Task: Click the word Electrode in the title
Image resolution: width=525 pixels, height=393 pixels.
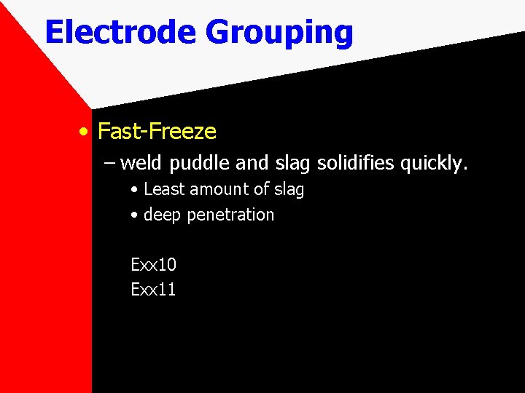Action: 120,33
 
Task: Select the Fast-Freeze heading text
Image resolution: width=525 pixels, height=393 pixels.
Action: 157,132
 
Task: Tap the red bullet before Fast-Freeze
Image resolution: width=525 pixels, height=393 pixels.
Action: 85,132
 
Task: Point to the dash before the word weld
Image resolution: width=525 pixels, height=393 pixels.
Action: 109,163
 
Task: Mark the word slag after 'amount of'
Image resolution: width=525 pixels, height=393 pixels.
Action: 288,190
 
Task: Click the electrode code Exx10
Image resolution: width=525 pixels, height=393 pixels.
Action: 153,264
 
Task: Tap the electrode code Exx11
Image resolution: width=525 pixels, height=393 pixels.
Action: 153,290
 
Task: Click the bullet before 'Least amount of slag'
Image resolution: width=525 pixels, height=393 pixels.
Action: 135,190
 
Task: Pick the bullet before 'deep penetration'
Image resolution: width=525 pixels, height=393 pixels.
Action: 135,215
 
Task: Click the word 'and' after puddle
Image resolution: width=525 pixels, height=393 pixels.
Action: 254,163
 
